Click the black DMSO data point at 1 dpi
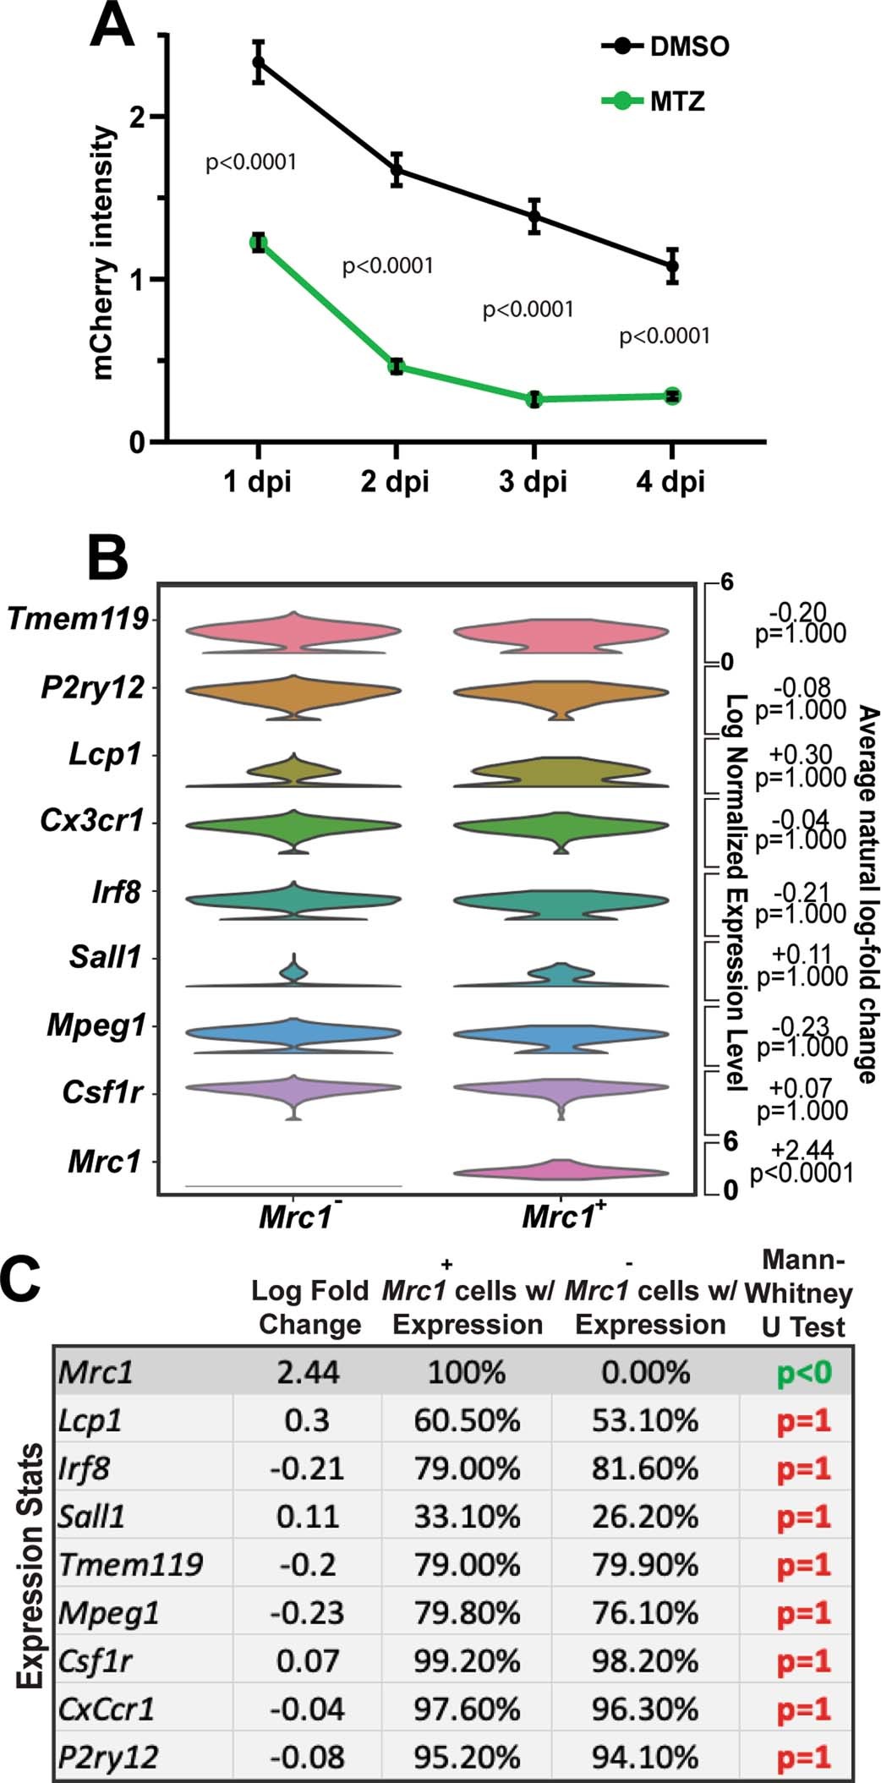click(x=259, y=63)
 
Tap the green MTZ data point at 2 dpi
click(x=396, y=366)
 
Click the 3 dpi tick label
click(x=533, y=482)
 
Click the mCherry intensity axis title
click(x=103, y=254)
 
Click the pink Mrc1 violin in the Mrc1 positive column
click(x=560, y=1170)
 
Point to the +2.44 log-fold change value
click(x=802, y=1149)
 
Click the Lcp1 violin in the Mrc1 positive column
click(x=560, y=770)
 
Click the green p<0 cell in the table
click(x=804, y=1373)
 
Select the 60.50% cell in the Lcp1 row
click(x=467, y=1420)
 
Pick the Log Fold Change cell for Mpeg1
click(x=307, y=1613)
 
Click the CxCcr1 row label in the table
click(x=107, y=1709)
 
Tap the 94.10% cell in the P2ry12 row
click(x=645, y=1757)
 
